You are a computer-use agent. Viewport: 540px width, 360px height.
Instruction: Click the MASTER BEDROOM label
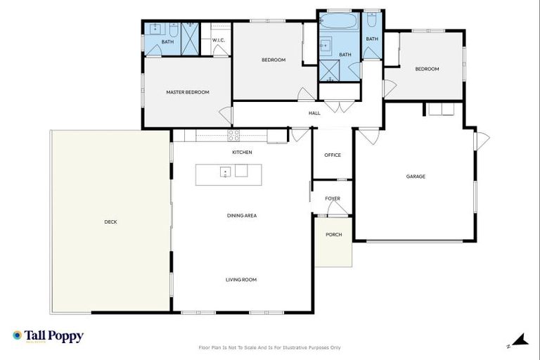pyautogui.click(x=187, y=92)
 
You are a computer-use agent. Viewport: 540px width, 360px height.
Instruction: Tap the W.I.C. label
pyautogui.click(x=218, y=40)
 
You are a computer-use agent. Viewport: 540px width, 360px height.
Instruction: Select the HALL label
pyautogui.click(x=314, y=112)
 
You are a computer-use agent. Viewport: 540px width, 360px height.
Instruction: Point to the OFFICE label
pyautogui.click(x=333, y=155)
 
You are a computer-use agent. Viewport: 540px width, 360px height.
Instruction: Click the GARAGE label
pyautogui.click(x=416, y=176)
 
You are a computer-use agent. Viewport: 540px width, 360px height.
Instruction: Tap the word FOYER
pyautogui.click(x=333, y=199)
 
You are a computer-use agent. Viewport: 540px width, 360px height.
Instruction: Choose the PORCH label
pyautogui.click(x=333, y=235)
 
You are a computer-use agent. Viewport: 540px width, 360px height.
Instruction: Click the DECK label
pyautogui.click(x=110, y=222)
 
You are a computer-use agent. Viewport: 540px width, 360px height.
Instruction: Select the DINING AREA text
pyautogui.click(x=241, y=216)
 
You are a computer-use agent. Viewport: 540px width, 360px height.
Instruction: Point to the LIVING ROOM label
pyautogui.click(x=241, y=280)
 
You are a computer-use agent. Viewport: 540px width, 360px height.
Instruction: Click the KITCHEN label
pyautogui.click(x=242, y=153)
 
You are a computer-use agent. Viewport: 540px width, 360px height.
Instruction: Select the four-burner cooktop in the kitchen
pyautogui.click(x=234, y=134)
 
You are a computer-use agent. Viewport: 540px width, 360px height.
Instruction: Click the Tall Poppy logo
pyautogui.click(x=48, y=336)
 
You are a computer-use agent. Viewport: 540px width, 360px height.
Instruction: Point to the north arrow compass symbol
pyautogui.click(x=520, y=341)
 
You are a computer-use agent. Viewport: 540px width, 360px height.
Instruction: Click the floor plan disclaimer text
pyautogui.click(x=270, y=347)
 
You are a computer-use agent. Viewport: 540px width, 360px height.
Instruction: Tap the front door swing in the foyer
pyautogui.click(x=337, y=209)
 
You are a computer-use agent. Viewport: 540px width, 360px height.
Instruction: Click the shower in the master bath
pyautogui.click(x=190, y=38)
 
